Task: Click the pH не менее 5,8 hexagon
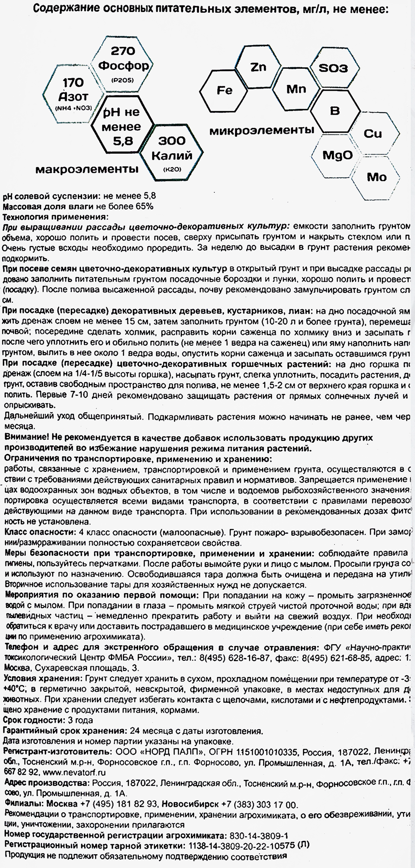click(122, 126)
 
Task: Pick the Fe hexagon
click(224, 90)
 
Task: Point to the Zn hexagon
click(258, 67)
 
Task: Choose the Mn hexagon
click(296, 89)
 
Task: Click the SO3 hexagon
click(333, 68)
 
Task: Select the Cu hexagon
click(373, 133)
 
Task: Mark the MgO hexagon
click(337, 156)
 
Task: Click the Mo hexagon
click(376, 177)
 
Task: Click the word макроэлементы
click(87, 169)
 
